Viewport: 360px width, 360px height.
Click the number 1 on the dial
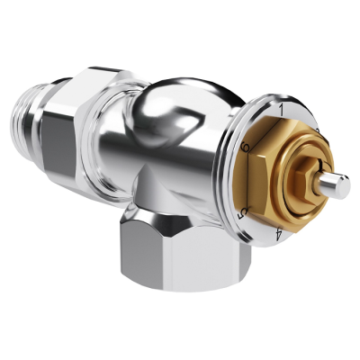(281, 110)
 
